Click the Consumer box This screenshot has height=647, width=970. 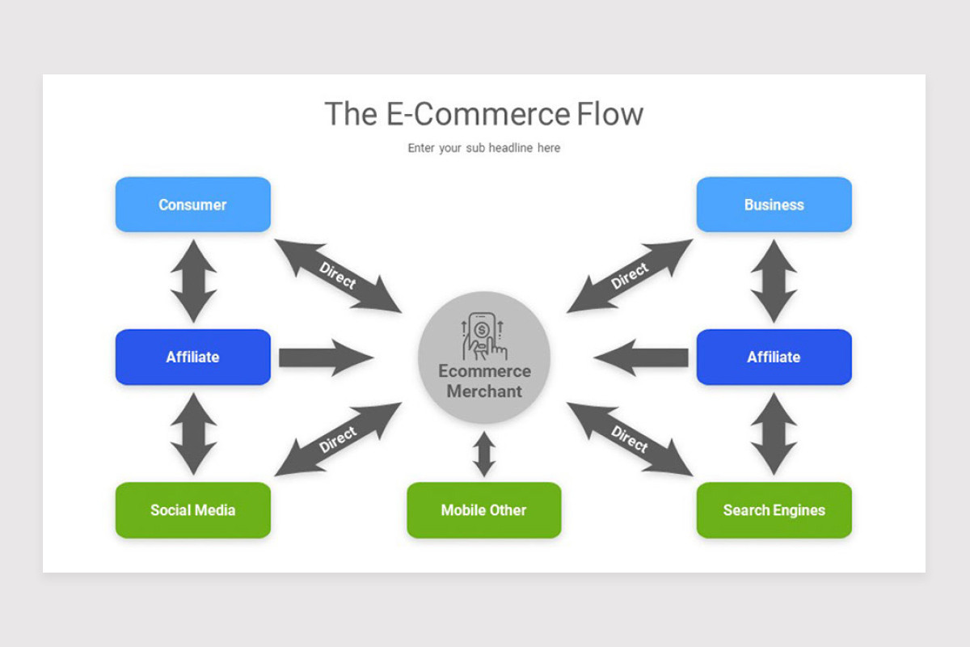tap(192, 205)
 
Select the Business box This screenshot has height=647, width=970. tap(774, 205)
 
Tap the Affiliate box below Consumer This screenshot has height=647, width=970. tap(192, 357)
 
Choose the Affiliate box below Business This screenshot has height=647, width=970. tap(774, 357)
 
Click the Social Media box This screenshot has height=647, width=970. tap(192, 510)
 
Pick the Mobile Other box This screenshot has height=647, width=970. tap(483, 510)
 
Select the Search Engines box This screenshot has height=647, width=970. tap(774, 510)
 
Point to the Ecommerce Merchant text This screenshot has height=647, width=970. tap(484, 382)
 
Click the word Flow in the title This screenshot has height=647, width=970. tap(609, 114)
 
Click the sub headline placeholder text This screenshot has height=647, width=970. tap(483, 148)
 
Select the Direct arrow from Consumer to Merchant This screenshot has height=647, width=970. tap(338, 276)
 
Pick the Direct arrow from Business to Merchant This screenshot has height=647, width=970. tap(630, 276)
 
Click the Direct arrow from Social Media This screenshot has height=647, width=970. tap(338, 439)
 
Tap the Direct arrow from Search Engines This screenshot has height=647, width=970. tap(630, 439)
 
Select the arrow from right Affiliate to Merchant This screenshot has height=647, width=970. tap(642, 357)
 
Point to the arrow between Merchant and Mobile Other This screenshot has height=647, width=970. tap(484, 454)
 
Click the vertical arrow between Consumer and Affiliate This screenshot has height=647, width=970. tap(193, 281)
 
